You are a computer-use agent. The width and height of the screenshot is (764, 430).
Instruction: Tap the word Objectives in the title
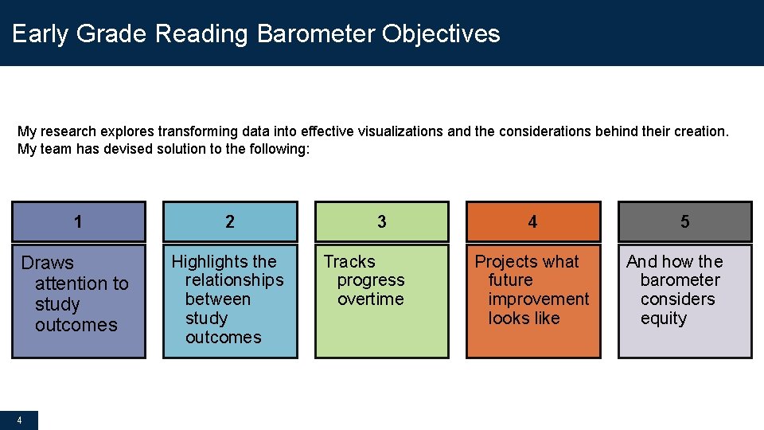(x=441, y=34)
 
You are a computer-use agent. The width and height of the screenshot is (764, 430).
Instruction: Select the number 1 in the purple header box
(x=78, y=221)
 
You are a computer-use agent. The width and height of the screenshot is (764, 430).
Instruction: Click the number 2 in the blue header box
(x=230, y=222)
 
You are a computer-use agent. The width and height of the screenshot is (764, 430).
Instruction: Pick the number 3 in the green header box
(x=381, y=222)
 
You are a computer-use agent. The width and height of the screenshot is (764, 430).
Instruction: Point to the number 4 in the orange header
(x=532, y=222)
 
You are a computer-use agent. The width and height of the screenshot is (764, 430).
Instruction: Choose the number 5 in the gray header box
(x=685, y=222)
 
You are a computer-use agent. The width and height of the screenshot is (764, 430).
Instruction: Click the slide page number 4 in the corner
(x=19, y=420)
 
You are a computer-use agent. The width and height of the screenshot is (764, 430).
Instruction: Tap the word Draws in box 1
(x=47, y=263)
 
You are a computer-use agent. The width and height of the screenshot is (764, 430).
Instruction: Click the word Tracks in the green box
(x=349, y=261)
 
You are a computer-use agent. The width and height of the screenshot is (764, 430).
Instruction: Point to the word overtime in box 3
(x=370, y=299)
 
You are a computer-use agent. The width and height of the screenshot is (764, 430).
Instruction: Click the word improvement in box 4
(x=539, y=299)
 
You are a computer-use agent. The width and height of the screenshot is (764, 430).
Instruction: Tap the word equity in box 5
(x=663, y=319)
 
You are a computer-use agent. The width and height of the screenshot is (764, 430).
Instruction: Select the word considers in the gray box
(x=677, y=299)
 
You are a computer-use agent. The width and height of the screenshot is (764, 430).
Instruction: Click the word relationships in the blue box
(x=234, y=280)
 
